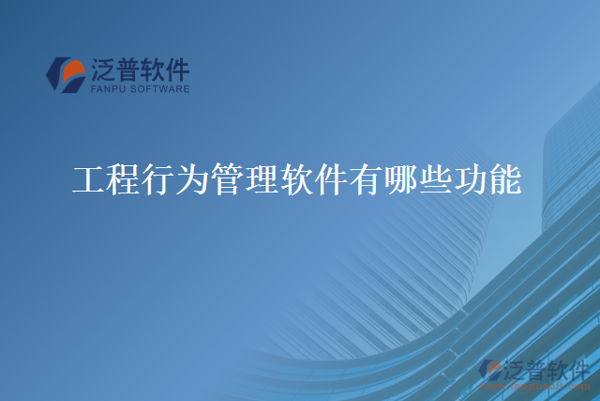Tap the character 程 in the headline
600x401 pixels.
point(124,178)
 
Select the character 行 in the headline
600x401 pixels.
point(158,178)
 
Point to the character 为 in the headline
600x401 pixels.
point(193,178)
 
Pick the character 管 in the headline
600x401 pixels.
point(229,178)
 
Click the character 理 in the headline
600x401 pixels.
point(263,178)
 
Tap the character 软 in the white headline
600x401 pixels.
point(298,178)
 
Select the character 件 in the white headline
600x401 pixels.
point(333,178)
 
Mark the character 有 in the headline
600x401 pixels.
point(367,178)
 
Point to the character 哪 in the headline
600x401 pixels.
point(402,178)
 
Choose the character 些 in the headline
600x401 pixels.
point(437,178)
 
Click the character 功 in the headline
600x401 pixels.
point(472,178)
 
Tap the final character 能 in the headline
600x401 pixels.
point(506,178)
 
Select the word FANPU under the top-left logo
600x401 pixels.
point(110,90)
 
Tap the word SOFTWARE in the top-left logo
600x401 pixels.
point(160,90)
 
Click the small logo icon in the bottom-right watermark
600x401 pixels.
point(490,369)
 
